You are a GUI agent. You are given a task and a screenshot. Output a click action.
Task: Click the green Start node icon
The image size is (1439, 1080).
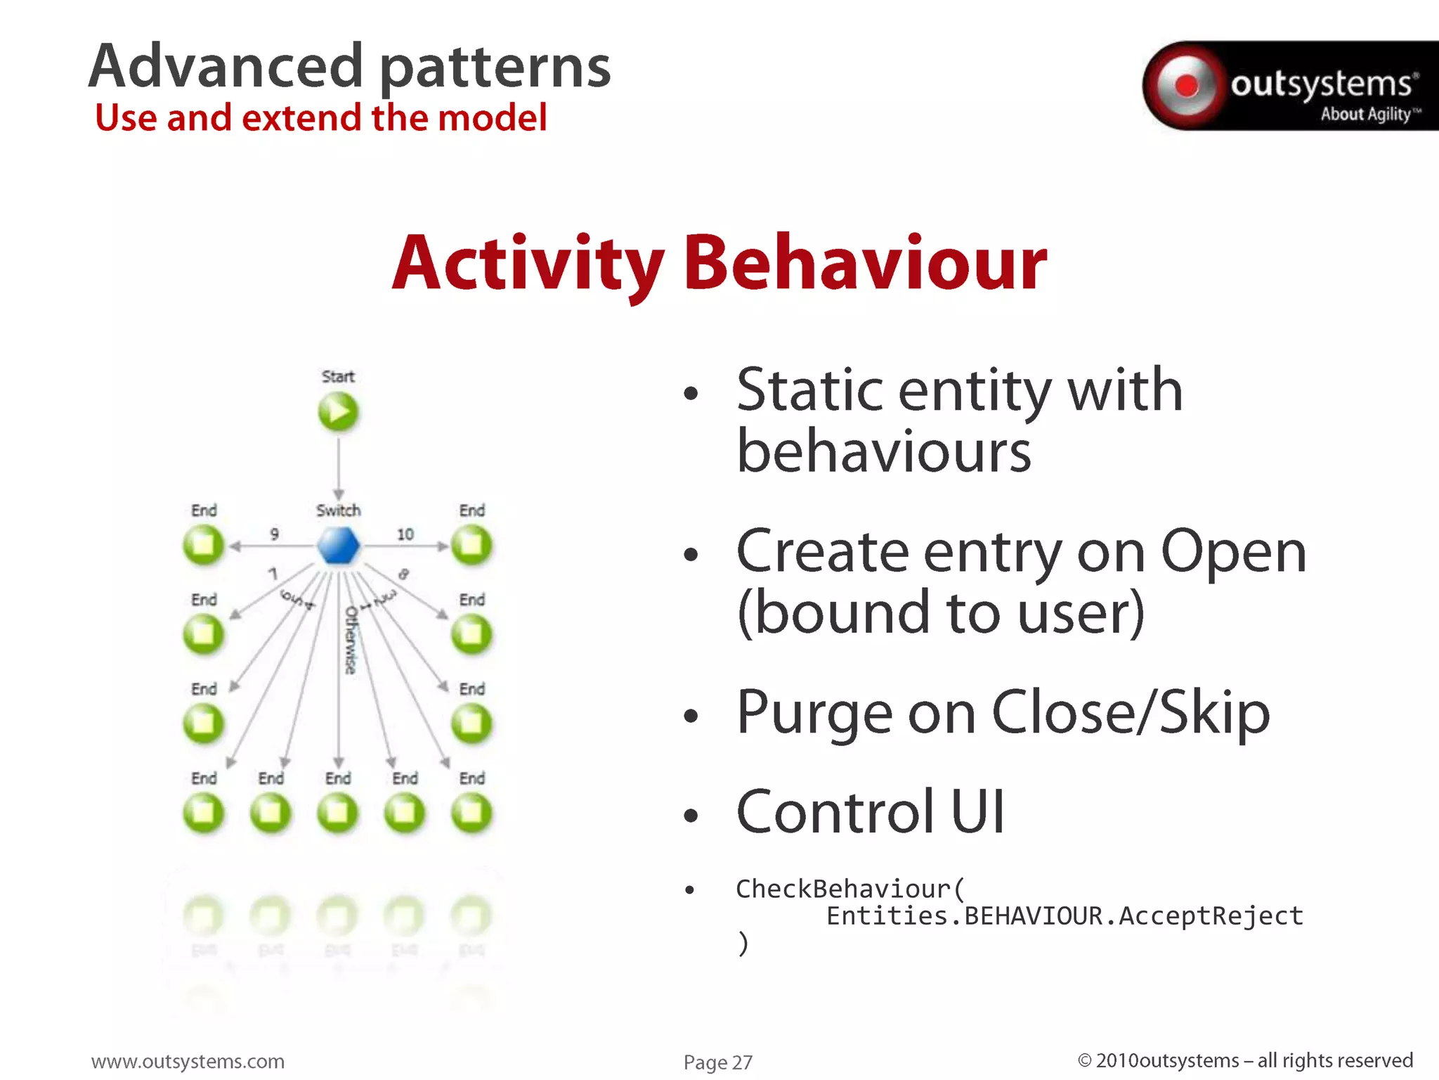pos(338,411)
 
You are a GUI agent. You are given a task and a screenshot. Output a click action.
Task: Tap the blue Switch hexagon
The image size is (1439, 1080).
pos(338,546)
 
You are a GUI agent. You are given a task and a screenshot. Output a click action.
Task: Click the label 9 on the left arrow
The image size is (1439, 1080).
pos(274,534)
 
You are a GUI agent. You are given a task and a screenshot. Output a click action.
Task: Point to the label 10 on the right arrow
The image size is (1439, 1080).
pos(405,534)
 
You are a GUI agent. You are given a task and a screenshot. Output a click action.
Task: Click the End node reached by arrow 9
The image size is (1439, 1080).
pos(203,545)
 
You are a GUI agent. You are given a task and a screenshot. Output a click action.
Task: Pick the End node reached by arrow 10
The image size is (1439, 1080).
pos(471,545)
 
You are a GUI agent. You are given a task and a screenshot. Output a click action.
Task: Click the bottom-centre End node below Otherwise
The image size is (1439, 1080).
pos(338,813)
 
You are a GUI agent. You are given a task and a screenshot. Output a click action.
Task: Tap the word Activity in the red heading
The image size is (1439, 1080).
pos(527,264)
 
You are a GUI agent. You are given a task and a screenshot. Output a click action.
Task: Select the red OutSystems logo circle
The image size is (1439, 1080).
pos(1187,86)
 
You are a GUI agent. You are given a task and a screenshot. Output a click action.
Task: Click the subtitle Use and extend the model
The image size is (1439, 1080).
pos(320,117)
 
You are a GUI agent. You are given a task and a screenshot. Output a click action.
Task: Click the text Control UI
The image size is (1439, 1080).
pos(870,811)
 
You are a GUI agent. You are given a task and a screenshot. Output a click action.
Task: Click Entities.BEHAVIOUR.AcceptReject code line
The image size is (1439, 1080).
pos(1064,915)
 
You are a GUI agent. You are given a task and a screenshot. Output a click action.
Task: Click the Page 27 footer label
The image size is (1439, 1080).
pos(717,1062)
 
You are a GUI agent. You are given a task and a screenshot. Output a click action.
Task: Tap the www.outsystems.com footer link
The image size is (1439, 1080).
pos(188,1061)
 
